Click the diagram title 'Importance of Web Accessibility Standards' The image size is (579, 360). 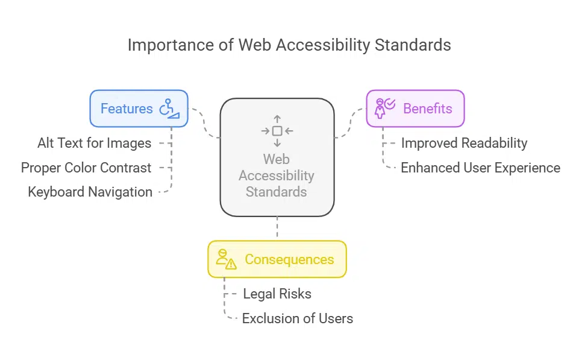[x=289, y=45]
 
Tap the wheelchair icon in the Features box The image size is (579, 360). [x=169, y=109]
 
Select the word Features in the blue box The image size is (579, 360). [x=127, y=109]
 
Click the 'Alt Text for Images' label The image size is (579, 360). [x=95, y=143]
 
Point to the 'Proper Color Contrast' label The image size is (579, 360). [x=86, y=168]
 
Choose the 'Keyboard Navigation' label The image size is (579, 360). [x=90, y=192]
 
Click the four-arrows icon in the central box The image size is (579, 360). [x=277, y=131]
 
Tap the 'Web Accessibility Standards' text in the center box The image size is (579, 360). [x=277, y=175]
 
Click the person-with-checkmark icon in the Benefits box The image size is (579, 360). [x=384, y=109]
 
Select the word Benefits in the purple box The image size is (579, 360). [x=427, y=109]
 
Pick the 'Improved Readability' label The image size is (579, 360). [x=464, y=143]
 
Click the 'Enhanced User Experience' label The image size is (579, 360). [x=480, y=168]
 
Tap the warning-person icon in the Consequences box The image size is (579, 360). [x=226, y=259]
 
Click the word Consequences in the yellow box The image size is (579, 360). [x=289, y=259]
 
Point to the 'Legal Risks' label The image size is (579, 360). [x=277, y=294]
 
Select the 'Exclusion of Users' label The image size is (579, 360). [x=298, y=318]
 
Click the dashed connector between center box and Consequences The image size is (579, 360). [x=277, y=229]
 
